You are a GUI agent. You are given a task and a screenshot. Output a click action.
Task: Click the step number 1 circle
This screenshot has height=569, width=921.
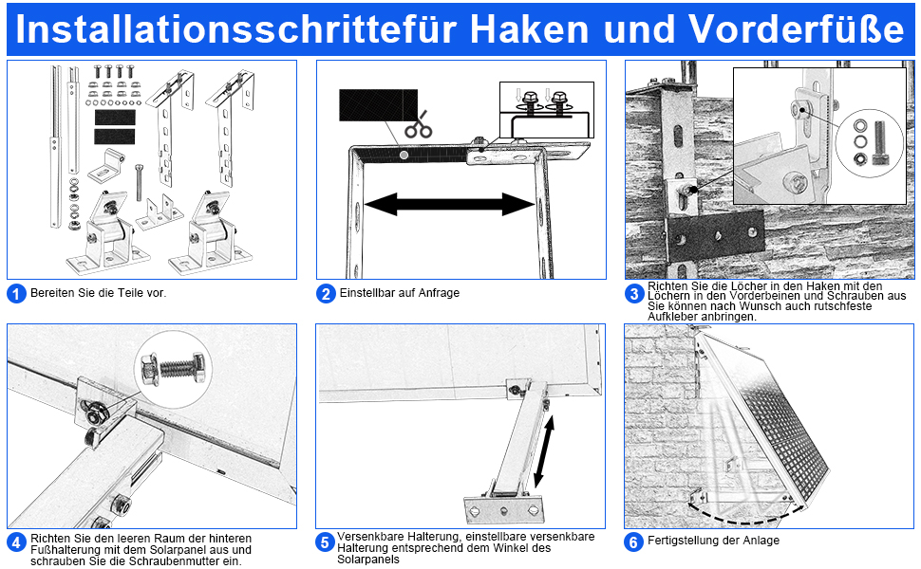[x=16, y=293]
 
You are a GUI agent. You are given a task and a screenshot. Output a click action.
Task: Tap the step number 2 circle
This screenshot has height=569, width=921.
[x=326, y=293]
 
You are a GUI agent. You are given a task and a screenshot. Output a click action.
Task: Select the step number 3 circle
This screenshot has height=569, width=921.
[x=634, y=294]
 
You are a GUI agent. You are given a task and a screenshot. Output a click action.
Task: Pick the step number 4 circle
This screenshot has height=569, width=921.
[x=16, y=542]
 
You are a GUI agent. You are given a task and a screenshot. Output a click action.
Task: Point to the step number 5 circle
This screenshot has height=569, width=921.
[x=326, y=542]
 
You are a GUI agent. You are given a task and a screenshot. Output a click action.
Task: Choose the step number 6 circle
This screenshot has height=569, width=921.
[x=634, y=541]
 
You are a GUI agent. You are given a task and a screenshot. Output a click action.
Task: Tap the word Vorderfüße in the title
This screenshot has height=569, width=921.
[x=797, y=28]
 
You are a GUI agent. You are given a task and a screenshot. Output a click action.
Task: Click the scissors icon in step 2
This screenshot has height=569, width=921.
[x=418, y=124]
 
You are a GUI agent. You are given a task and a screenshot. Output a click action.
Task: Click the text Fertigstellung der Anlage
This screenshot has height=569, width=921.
[x=714, y=541]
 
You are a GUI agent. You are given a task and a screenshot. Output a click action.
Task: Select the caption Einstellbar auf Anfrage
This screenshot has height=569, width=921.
[x=399, y=293]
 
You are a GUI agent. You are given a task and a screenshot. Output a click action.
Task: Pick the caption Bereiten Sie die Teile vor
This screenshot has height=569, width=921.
[x=98, y=293]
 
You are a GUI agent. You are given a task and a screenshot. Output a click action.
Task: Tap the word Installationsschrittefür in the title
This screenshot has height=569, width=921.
[x=237, y=28]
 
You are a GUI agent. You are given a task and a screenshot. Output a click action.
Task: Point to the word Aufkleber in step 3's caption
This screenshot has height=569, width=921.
[x=672, y=317]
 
